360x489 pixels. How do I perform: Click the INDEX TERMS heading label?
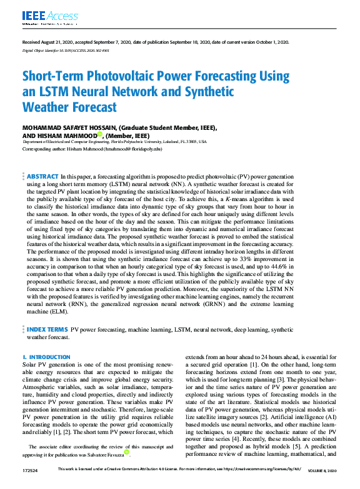click(47, 328)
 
